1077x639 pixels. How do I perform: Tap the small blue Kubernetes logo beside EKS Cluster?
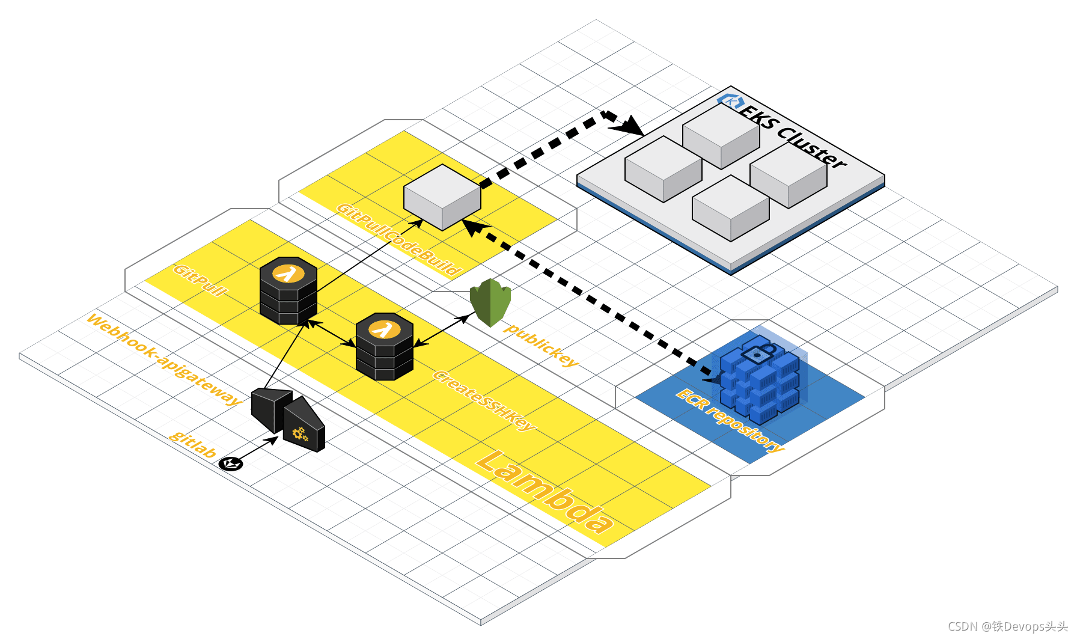[x=730, y=102]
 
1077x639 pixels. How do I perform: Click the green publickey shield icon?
[x=490, y=302]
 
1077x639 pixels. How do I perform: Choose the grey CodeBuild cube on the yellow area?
[x=442, y=197]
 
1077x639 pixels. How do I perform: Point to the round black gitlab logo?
[x=230, y=463]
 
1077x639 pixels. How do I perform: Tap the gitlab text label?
[x=192, y=444]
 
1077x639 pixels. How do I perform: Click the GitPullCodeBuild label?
[x=399, y=239]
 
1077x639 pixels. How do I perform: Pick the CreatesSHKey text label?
[x=484, y=400]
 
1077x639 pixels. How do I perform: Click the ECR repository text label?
[x=730, y=420]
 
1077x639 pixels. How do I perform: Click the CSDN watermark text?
[x=1008, y=626]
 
